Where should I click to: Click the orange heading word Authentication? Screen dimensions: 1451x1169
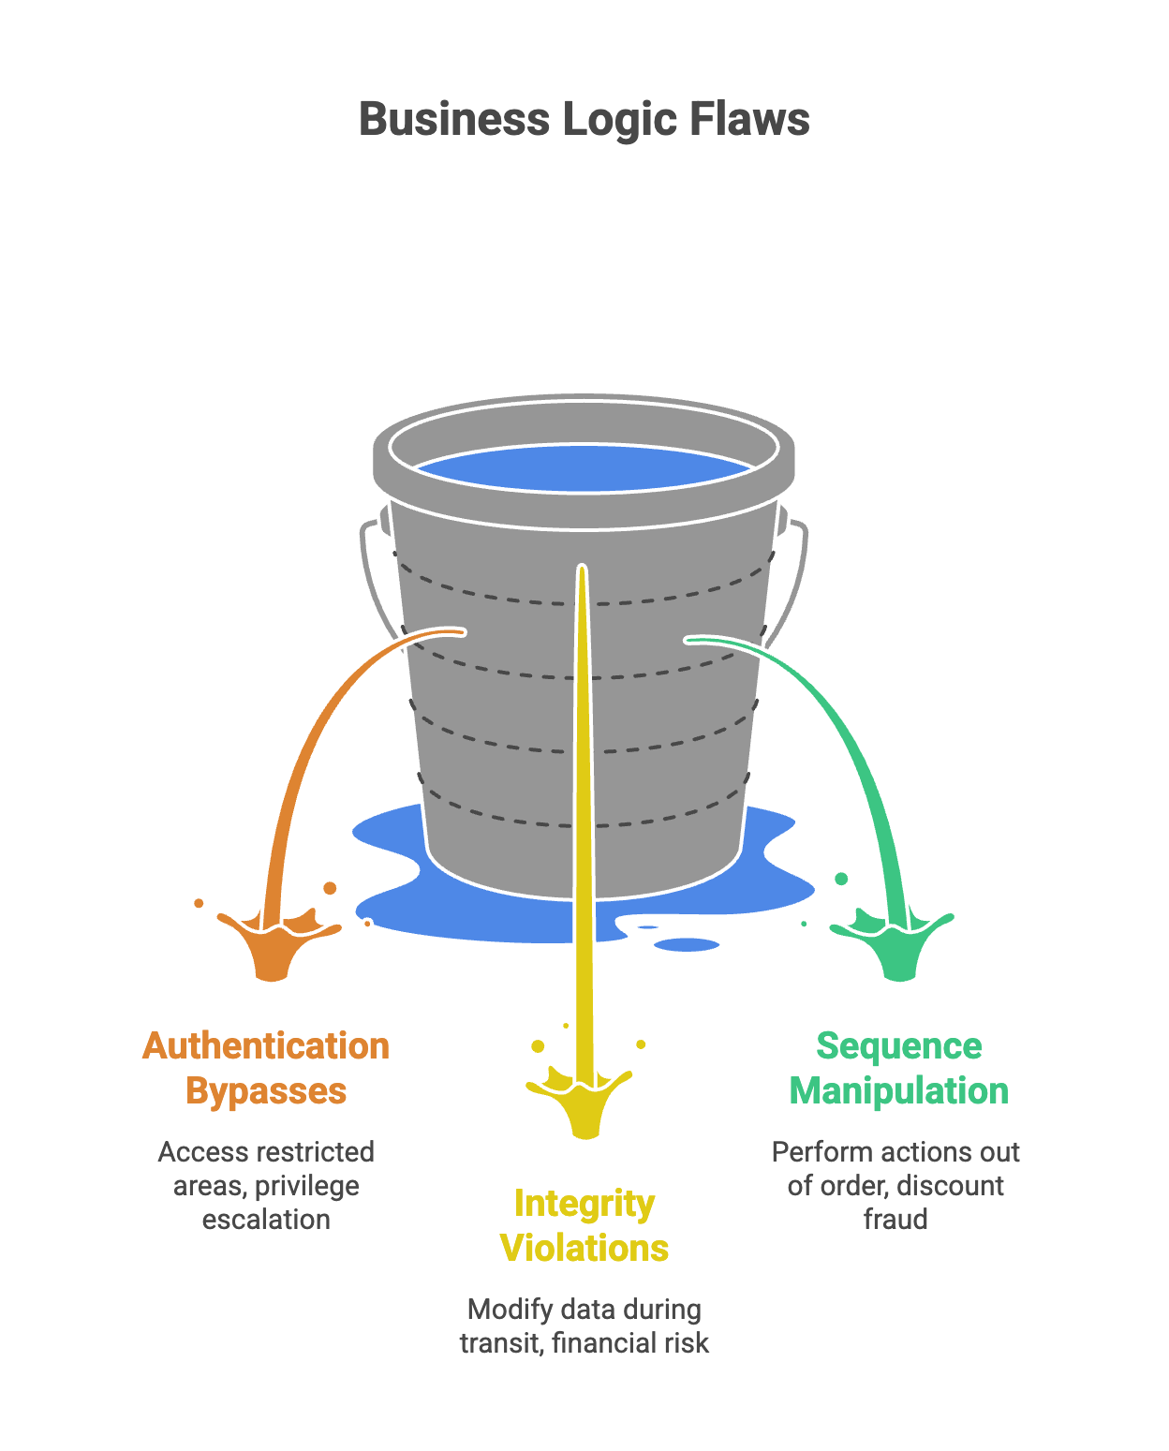(x=266, y=1046)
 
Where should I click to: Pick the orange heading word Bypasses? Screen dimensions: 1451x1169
(x=266, y=1091)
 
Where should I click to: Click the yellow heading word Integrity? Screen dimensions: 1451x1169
(x=584, y=1205)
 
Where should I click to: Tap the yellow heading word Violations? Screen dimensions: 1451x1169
(x=584, y=1249)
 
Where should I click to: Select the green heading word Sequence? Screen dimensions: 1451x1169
(x=899, y=1046)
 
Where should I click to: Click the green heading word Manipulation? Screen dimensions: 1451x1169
(x=899, y=1091)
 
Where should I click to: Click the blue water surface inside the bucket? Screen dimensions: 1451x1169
(x=583, y=468)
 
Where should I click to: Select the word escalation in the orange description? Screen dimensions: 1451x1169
(x=266, y=1220)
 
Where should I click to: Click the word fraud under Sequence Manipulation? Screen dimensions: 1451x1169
(x=895, y=1220)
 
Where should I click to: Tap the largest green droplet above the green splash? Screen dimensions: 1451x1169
(x=841, y=879)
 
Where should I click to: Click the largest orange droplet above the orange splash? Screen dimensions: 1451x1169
(x=330, y=887)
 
